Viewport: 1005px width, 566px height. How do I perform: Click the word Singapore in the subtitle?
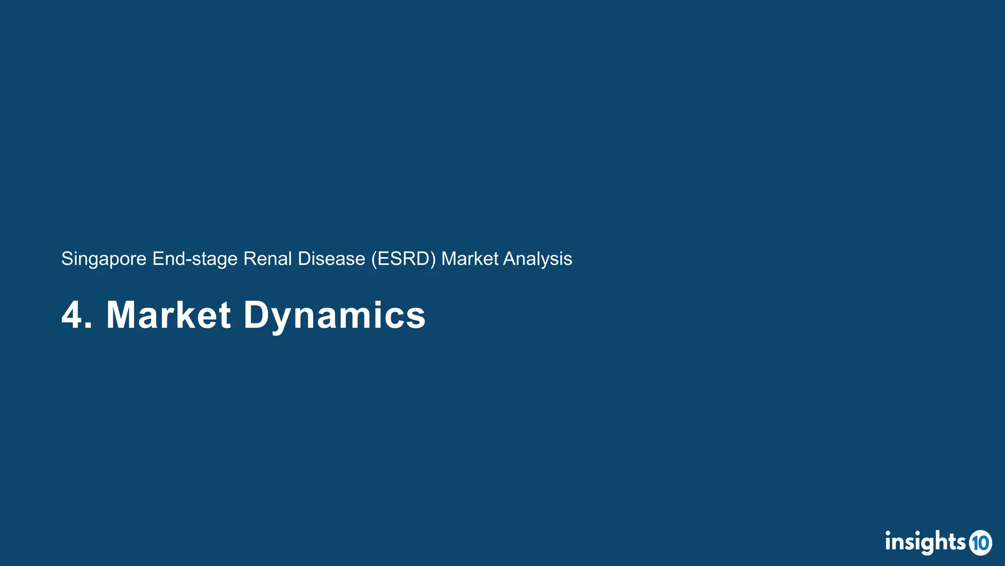point(104,259)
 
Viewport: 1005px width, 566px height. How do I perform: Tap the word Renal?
point(267,258)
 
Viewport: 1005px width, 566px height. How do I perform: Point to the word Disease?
point(331,258)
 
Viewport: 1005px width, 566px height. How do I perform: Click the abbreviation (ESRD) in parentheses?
point(403,259)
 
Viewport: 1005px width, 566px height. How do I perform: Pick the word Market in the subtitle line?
point(470,258)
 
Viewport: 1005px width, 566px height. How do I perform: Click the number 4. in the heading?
point(77,315)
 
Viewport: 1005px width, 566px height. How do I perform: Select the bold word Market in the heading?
point(168,315)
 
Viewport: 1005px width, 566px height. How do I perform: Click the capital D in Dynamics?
point(256,315)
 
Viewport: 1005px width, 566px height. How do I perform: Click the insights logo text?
point(925,542)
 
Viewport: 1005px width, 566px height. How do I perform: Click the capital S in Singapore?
point(67,259)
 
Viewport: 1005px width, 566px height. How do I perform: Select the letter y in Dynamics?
point(283,319)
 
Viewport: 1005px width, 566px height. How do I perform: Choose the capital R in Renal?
point(249,258)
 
